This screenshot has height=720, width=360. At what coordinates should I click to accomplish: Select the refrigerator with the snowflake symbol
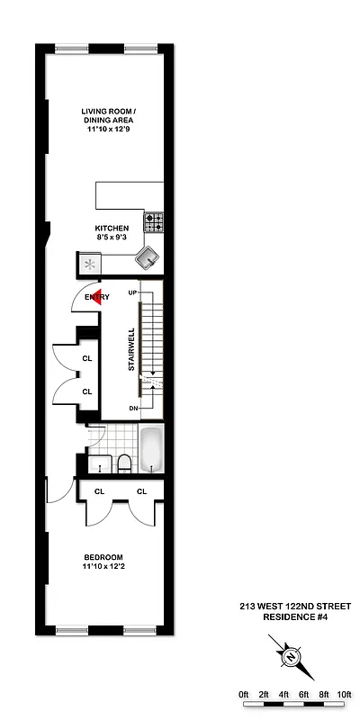click(x=91, y=264)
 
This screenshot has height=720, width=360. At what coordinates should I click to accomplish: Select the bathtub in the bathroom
click(x=152, y=450)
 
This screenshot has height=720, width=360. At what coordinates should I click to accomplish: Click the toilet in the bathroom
click(x=122, y=463)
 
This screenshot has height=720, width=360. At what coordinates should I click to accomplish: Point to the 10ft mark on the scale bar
click(x=345, y=694)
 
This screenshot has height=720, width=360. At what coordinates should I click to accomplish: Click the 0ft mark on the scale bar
click(x=244, y=694)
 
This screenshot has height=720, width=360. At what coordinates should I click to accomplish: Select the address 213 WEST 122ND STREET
click(x=289, y=606)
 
